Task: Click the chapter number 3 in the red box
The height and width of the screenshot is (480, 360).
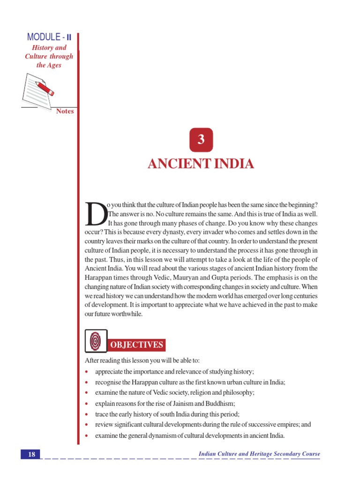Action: (201, 139)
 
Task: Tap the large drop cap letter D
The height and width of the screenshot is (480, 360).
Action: (96, 213)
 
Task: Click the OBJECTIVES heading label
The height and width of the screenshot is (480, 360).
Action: (136, 345)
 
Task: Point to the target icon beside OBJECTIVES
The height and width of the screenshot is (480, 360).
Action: (96, 341)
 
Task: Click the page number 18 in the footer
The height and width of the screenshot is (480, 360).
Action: (31, 454)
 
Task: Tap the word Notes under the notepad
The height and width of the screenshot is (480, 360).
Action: (65, 112)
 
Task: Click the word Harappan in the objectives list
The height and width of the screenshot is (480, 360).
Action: (143, 382)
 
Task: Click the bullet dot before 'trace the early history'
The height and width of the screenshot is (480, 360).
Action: (88, 414)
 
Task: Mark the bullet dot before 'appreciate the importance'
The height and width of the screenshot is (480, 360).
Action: (88, 372)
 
